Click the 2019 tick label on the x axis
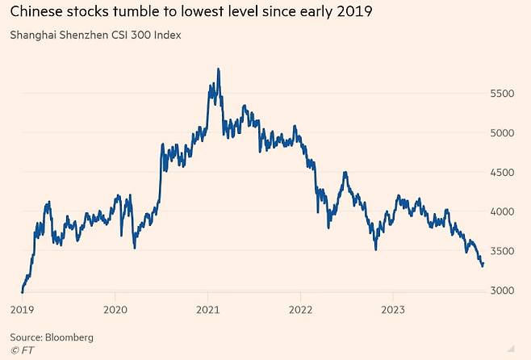pos(21,310)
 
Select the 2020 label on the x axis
pos(115,310)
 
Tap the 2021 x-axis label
pos(208,310)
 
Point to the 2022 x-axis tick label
pos(300,310)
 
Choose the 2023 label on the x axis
pos(393,310)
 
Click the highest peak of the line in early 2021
pos(219,69)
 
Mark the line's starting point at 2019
pos(22,291)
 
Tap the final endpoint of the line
pos(483,263)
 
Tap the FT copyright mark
pos(21,350)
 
